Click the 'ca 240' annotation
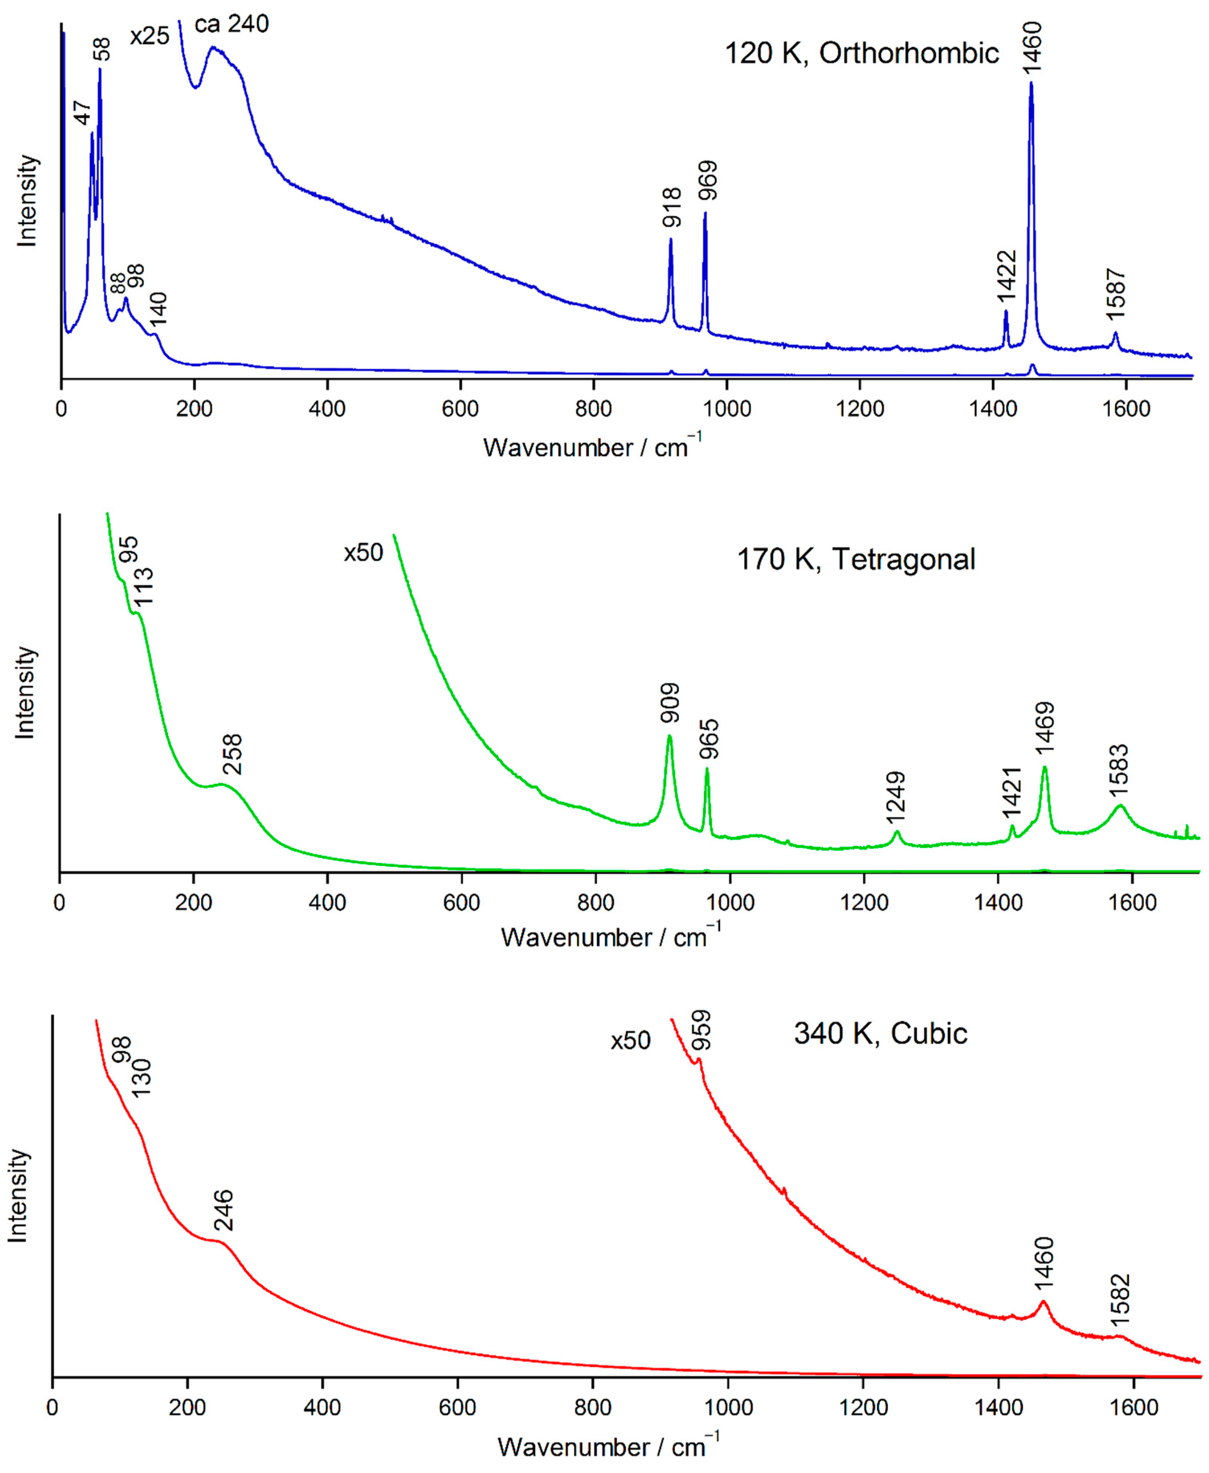coord(232,24)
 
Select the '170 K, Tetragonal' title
coord(856,560)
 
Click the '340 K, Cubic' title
coord(880,1034)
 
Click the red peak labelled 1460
coord(1042,1302)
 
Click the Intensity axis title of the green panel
coord(25,692)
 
